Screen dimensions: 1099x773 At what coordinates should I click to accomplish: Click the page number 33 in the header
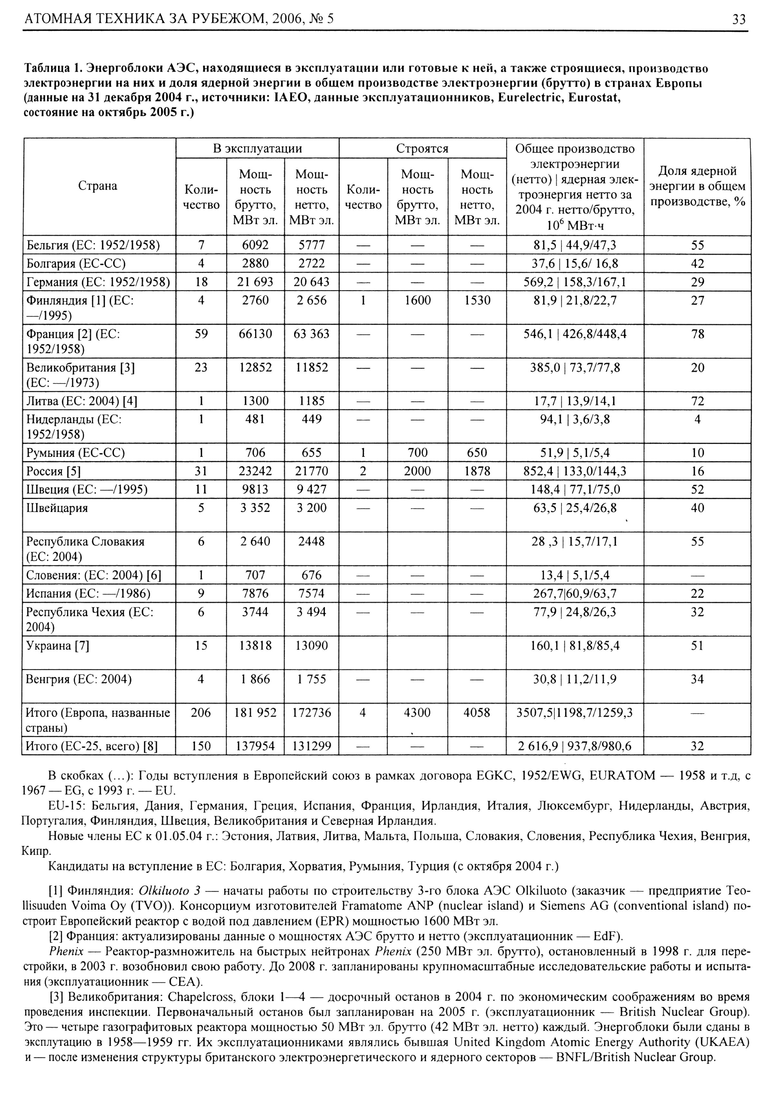(x=739, y=19)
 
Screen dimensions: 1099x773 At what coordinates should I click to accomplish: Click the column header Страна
(x=98, y=186)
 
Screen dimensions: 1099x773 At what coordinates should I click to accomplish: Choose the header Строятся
(x=422, y=148)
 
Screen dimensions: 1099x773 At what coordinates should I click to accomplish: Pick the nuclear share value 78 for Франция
(x=697, y=334)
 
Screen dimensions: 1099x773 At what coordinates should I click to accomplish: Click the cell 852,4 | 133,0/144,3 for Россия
(x=575, y=471)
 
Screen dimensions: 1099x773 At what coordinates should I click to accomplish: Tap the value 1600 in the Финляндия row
(x=417, y=300)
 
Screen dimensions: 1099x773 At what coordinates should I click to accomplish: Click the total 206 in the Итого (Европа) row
(x=201, y=713)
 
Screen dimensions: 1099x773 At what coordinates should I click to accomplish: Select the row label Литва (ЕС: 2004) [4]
(x=81, y=401)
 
